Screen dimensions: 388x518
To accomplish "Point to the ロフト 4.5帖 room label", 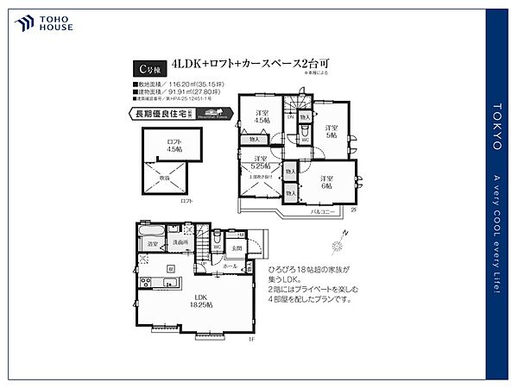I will tap(175, 144).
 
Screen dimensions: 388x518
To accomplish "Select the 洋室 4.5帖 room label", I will tap(261, 117).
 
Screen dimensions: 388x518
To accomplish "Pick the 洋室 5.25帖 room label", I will tap(261, 161).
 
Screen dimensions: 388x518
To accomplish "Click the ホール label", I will tap(231, 266).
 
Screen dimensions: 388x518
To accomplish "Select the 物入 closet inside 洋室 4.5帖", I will tap(253, 139).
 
